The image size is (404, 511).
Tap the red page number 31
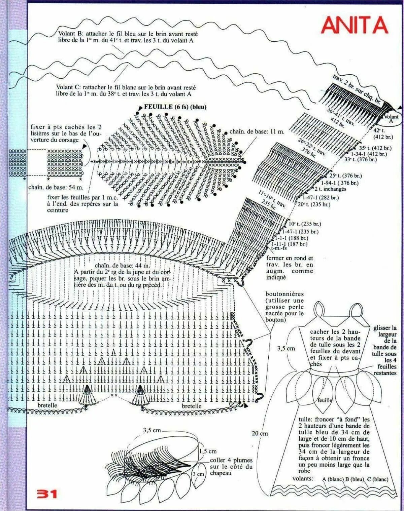[x=47, y=494]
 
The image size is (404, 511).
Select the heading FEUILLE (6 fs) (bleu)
[x=175, y=107]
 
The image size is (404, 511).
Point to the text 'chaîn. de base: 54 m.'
[x=56, y=187]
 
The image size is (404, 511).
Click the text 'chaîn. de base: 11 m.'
[x=257, y=131]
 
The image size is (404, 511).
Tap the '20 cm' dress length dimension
[x=260, y=433]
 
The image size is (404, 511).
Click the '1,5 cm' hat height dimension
[x=208, y=451]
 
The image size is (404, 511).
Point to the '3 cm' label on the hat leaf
[x=198, y=474]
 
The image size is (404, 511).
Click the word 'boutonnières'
[x=284, y=294]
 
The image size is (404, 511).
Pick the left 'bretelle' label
[x=47, y=405]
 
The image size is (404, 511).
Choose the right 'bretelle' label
[x=192, y=406]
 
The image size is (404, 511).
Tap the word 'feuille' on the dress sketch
[x=325, y=400]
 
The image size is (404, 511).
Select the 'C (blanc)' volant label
[x=377, y=479]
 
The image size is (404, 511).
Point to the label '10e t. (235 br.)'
[x=305, y=224]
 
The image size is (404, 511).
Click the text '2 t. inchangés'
[x=330, y=189]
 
